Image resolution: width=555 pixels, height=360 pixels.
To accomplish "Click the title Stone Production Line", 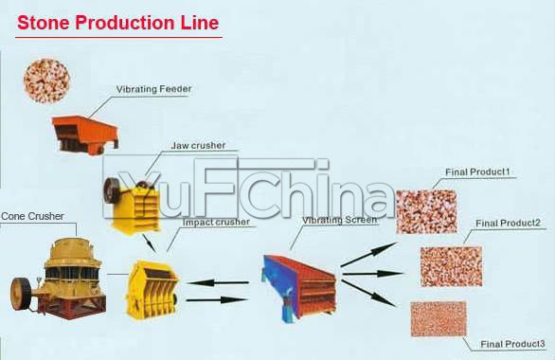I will click(117, 22).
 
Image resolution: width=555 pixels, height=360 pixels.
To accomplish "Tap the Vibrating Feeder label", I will click(153, 89).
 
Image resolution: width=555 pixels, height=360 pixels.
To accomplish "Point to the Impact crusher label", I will click(216, 222).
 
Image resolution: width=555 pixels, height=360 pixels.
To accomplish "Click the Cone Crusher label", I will click(32, 216).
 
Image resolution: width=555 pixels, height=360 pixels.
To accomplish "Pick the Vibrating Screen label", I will click(339, 220).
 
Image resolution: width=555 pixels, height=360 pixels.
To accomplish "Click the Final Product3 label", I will click(512, 342).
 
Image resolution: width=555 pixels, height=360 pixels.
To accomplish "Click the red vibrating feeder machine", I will click(84, 132).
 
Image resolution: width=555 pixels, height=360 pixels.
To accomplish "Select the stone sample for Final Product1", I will click(425, 210).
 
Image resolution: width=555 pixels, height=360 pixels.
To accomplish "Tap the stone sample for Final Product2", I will click(451, 266).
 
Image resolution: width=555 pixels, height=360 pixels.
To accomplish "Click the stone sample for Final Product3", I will click(439, 318).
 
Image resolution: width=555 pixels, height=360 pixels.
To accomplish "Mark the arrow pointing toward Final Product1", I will click(368, 254).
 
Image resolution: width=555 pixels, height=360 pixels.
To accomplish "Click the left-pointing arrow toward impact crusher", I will click(217, 281).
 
